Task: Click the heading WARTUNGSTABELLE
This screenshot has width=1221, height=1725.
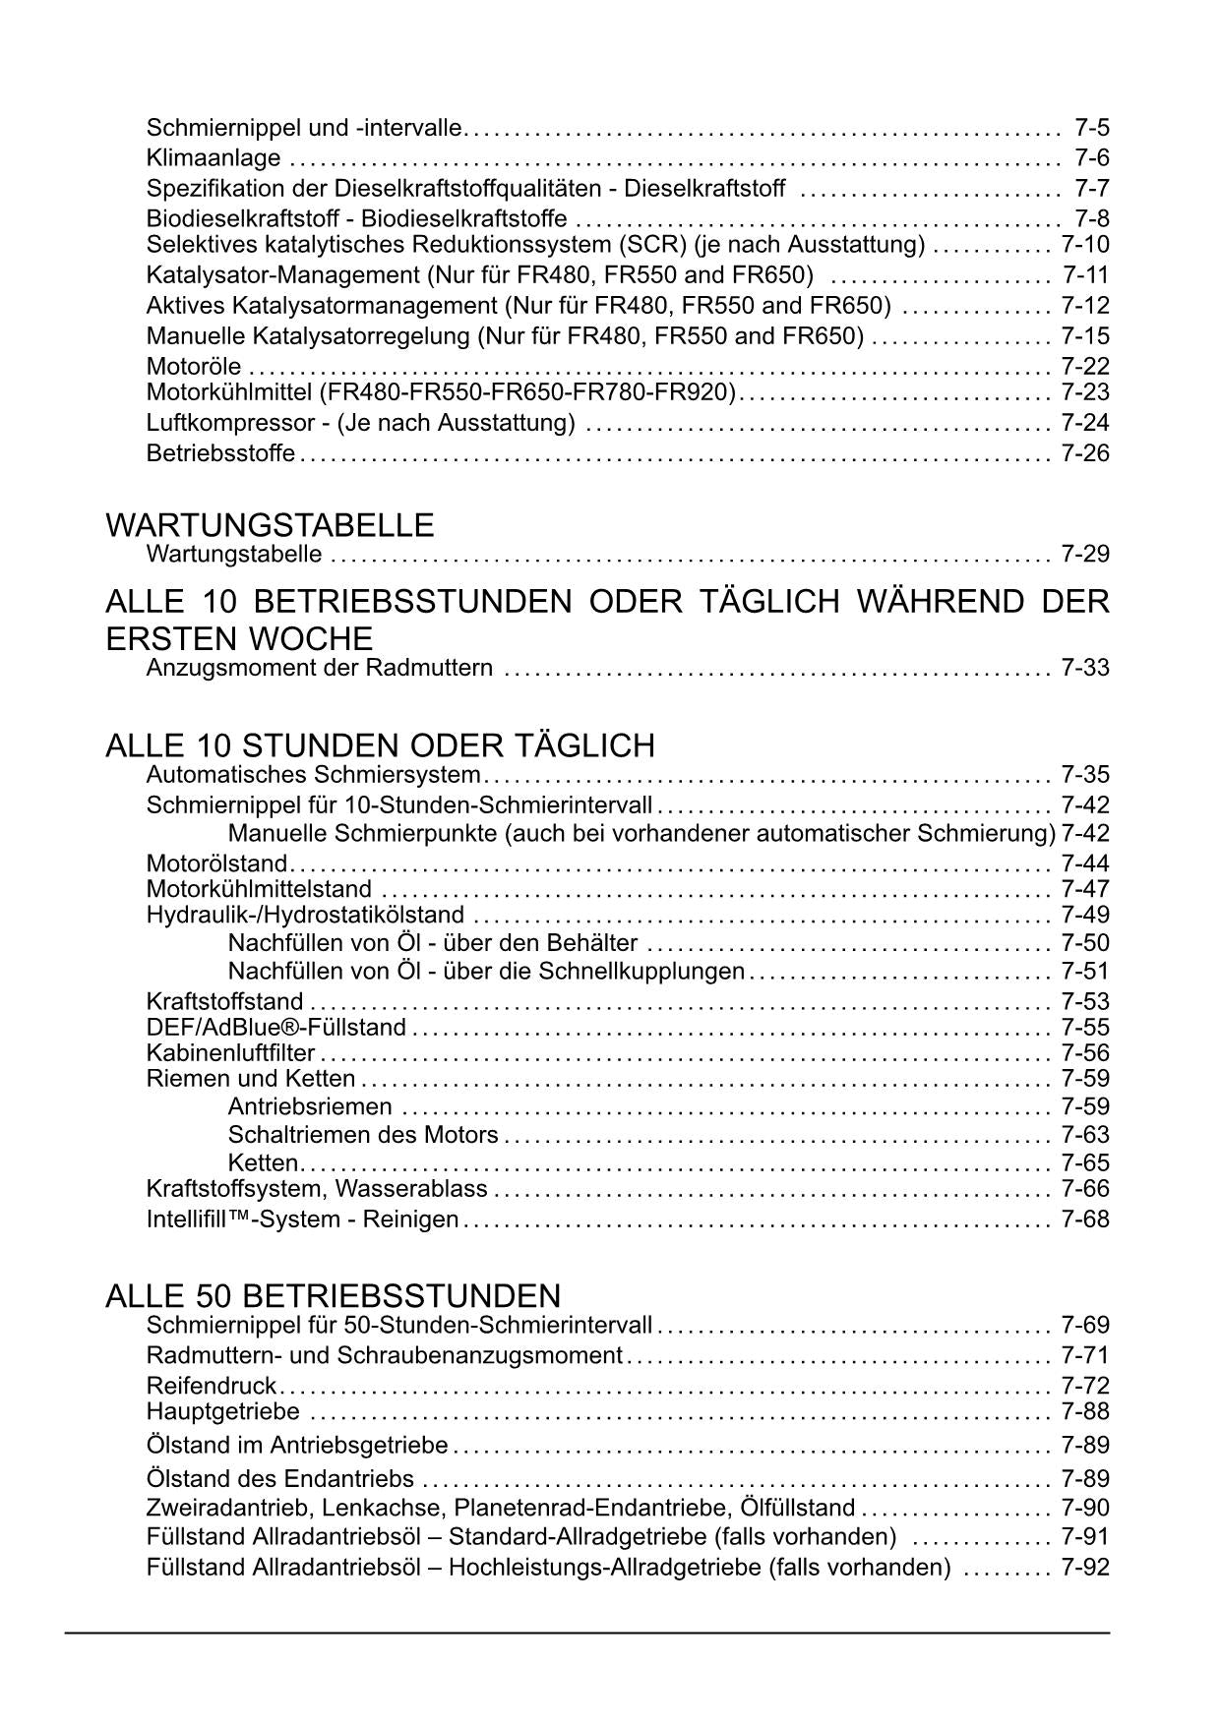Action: point(270,525)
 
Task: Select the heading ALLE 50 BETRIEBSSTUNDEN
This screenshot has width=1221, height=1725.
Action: point(333,1295)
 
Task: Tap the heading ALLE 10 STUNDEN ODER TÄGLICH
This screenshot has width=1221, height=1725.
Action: point(380,745)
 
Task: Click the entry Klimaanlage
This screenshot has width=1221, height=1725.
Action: point(214,158)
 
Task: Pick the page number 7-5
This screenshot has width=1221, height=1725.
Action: point(1092,128)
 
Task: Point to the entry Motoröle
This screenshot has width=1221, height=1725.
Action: point(194,367)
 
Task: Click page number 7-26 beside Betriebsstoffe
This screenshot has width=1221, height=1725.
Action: point(1085,453)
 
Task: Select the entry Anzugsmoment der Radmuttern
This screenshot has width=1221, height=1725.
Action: point(320,669)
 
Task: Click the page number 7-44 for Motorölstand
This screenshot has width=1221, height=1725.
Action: point(1085,863)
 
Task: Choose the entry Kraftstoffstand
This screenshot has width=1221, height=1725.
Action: point(224,1002)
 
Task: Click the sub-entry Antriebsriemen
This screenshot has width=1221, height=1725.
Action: point(310,1107)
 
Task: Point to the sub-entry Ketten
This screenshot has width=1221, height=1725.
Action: point(262,1162)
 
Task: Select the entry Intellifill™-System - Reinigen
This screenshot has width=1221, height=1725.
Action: point(302,1219)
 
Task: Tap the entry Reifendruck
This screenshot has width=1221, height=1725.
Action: point(212,1386)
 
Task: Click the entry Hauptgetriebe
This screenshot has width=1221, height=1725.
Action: point(223,1412)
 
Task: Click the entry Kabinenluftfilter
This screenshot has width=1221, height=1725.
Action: point(230,1053)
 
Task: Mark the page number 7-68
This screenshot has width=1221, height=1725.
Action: point(1085,1219)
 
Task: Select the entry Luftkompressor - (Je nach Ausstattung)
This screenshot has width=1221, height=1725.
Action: point(360,423)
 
